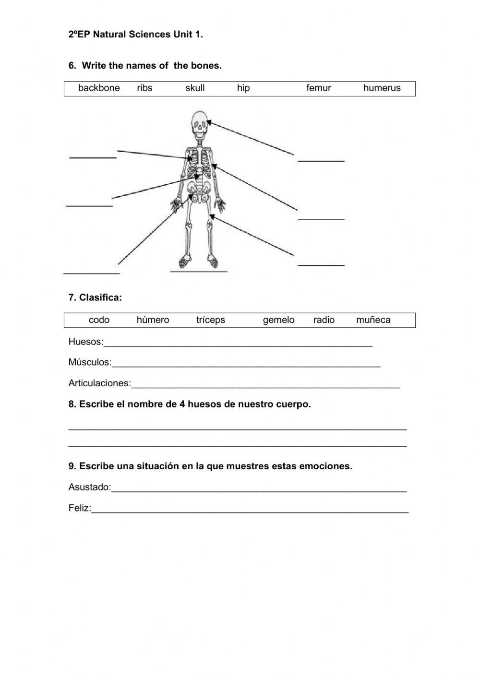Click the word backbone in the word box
click(99, 88)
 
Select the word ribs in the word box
click(144, 88)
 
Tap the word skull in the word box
click(195, 88)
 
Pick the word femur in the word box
click(319, 88)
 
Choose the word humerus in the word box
click(382, 88)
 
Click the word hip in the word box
click(243, 88)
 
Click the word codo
click(99, 320)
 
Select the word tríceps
click(210, 320)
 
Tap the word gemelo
click(278, 320)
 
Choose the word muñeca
click(373, 320)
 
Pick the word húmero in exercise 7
click(153, 320)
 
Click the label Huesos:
click(86, 342)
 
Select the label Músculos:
click(90, 363)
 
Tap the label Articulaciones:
click(99, 383)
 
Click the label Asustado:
click(90, 488)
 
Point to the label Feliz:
click(80, 508)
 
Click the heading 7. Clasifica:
click(95, 298)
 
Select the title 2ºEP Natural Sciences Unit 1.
click(136, 35)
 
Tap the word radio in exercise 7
click(324, 320)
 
